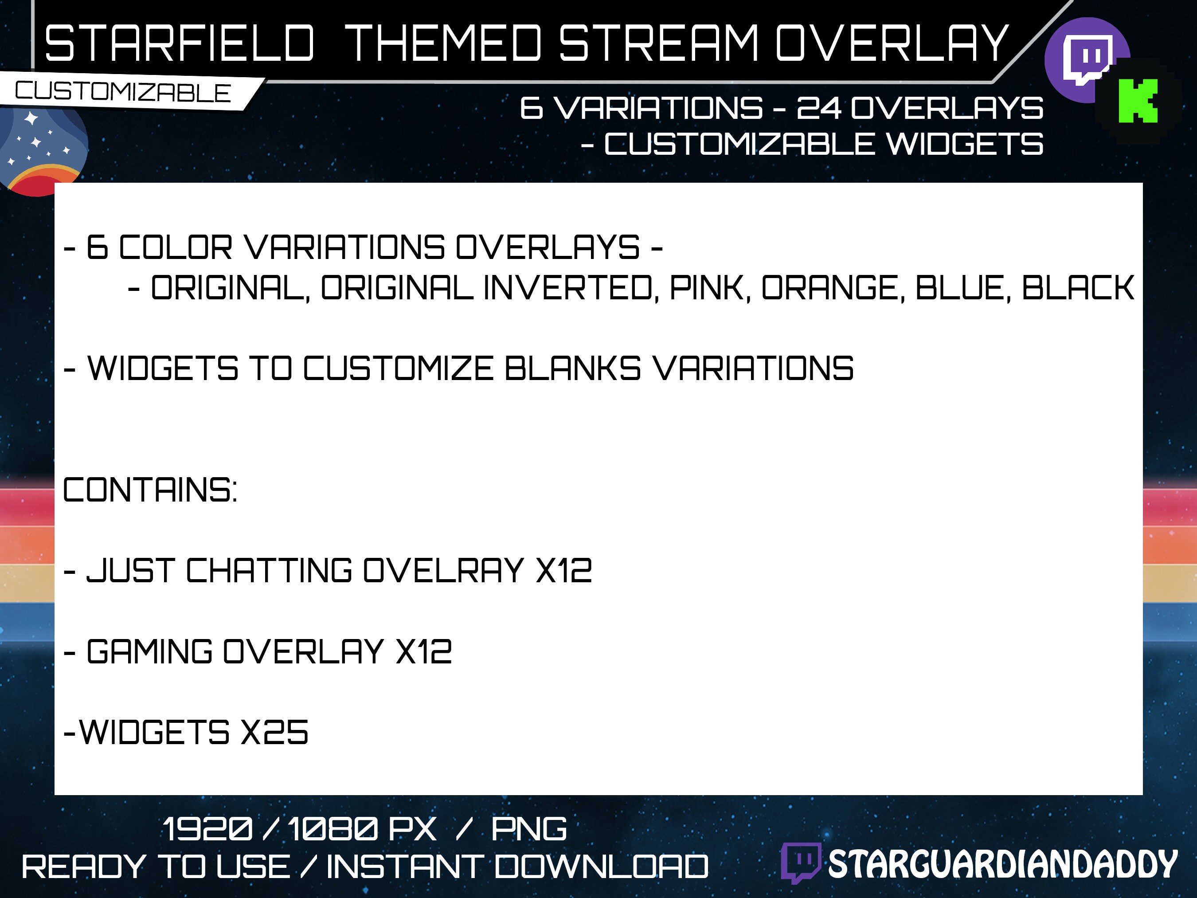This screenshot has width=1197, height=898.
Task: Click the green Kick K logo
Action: pos(1138,101)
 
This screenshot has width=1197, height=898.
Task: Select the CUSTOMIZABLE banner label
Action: pos(123,92)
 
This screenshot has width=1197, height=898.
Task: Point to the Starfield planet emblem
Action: pos(41,149)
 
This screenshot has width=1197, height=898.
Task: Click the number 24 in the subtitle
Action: pos(819,108)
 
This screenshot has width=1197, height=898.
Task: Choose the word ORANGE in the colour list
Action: pos(832,287)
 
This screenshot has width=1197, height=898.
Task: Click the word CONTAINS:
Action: pos(150,490)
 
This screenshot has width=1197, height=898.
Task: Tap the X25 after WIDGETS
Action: pos(274,732)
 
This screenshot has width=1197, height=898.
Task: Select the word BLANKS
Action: pos(572,369)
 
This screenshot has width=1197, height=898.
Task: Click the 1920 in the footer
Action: pos(207,829)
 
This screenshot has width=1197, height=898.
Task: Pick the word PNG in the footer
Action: pos(529,829)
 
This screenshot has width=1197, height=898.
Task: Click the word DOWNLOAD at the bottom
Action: pos(601,867)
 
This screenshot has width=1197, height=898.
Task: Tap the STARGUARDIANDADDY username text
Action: pos(1003,864)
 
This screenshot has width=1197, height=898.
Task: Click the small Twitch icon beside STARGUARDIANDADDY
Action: pos(800,863)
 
